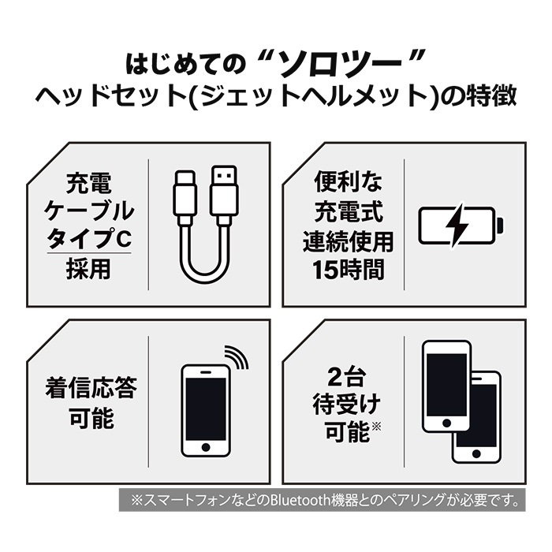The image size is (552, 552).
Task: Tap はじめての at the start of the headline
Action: [185, 65]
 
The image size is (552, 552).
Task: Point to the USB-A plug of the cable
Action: [223, 190]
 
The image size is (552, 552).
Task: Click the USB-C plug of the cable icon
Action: [185, 193]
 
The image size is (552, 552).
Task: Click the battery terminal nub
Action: [500, 225]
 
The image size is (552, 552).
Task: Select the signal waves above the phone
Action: [237, 356]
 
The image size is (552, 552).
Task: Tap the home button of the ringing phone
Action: [206, 447]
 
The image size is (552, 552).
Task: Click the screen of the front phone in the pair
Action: [446, 385]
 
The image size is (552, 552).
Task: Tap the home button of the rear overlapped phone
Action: [476, 453]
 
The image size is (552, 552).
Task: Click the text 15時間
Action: [349, 270]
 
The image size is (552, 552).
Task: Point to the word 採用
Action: [88, 269]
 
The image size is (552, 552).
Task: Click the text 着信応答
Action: [91, 388]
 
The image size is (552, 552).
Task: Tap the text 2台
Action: [346, 379]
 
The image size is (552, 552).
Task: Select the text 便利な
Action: [349, 181]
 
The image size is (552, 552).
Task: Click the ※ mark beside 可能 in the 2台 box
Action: [376, 427]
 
